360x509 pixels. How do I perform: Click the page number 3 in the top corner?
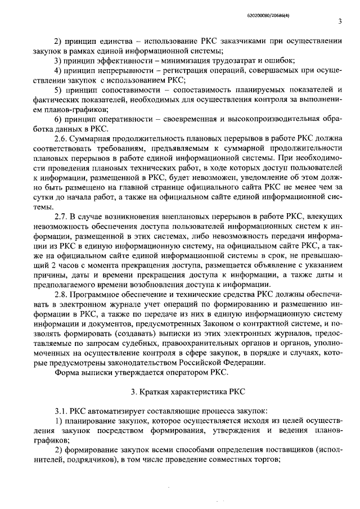pos(340,21)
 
